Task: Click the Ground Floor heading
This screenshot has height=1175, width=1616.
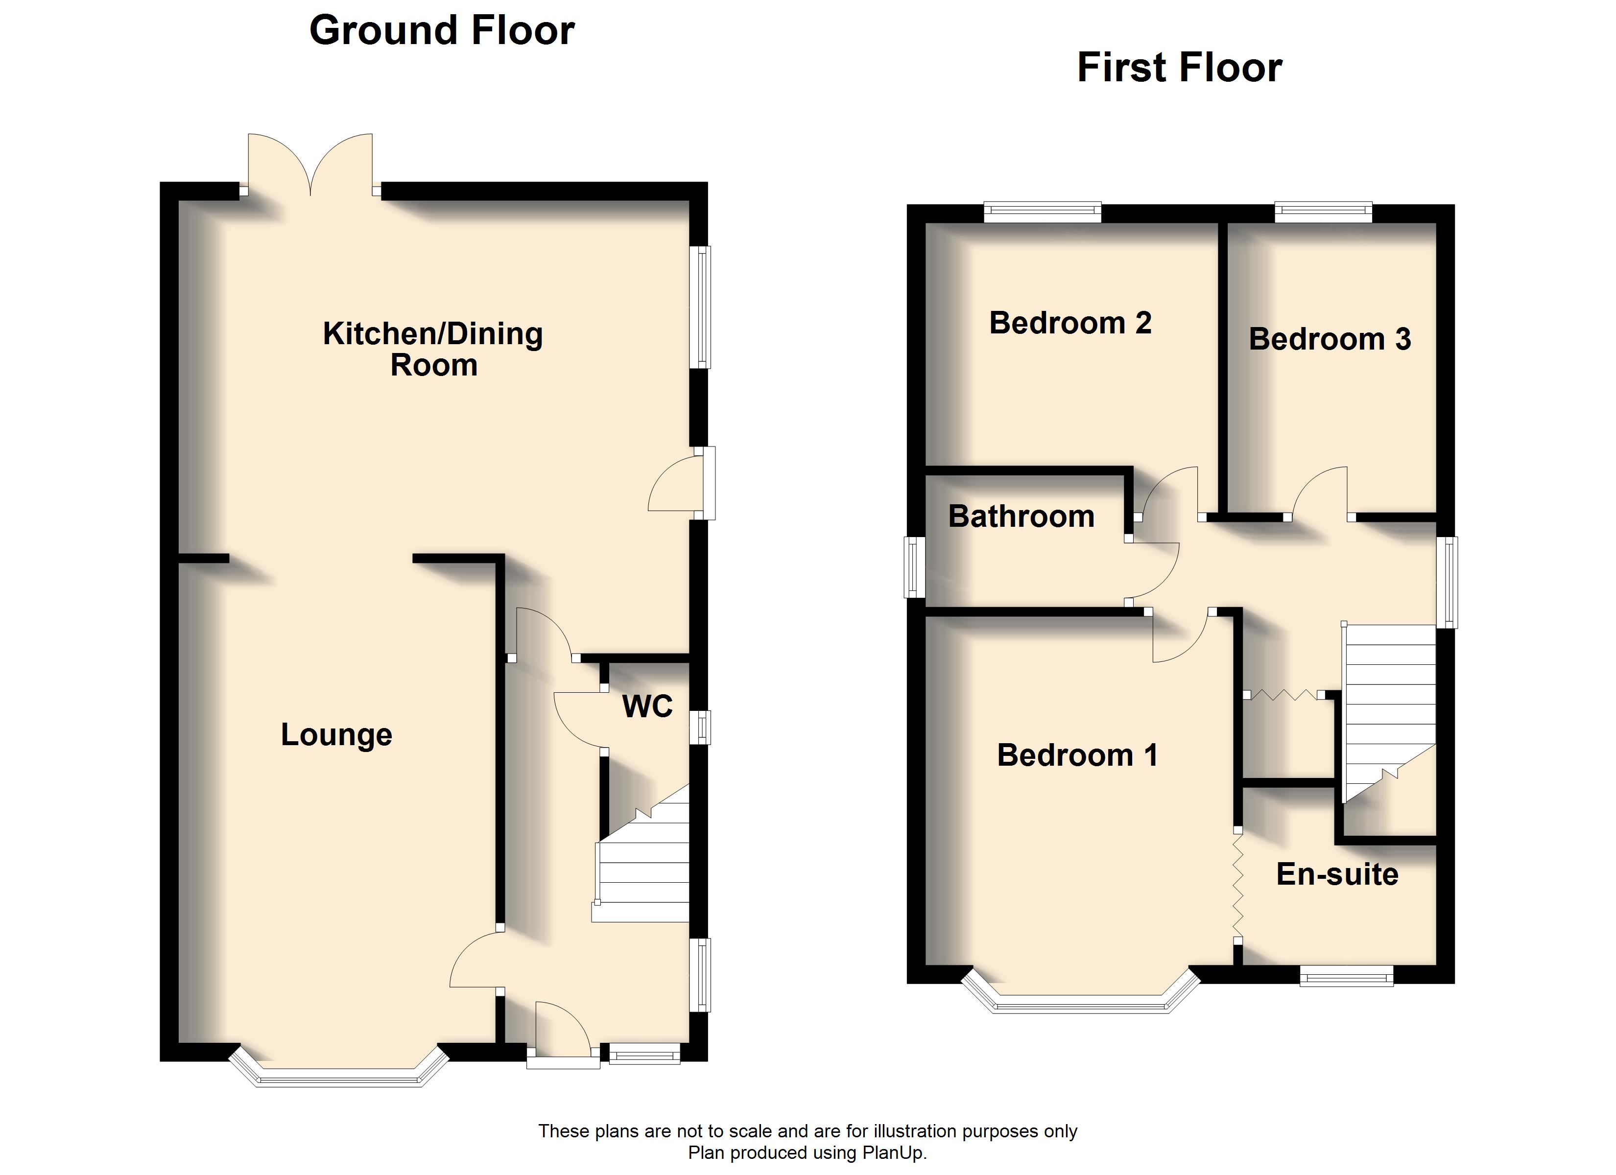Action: (x=442, y=31)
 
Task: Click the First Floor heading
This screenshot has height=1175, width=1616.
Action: (x=1179, y=68)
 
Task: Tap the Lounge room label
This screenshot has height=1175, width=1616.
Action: (x=336, y=735)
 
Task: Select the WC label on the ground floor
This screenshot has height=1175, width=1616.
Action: (x=647, y=706)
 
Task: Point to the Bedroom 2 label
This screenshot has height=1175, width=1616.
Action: (x=1070, y=323)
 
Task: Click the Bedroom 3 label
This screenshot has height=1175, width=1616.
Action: (x=1330, y=339)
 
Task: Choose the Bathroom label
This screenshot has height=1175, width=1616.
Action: (x=1021, y=516)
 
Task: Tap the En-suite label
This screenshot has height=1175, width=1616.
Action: (x=1337, y=874)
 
